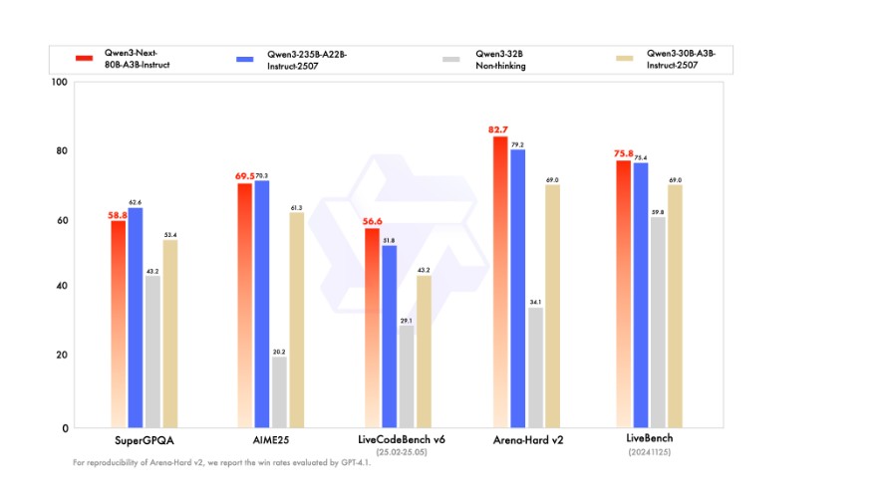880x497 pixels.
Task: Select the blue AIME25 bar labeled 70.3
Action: point(262,304)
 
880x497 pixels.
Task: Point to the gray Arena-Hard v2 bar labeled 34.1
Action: point(536,368)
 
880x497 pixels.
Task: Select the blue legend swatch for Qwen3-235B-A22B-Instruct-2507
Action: point(242,59)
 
